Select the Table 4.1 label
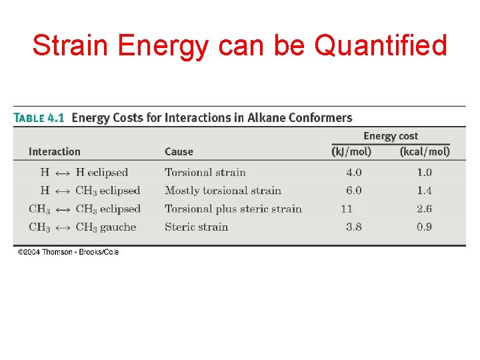click(x=39, y=118)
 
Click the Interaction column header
click(x=55, y=152)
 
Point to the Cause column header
click(x=179, y=152)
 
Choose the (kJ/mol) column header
click(x=351, y=151)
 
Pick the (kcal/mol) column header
click(x=425, y=151)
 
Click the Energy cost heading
click(x=391, y=136)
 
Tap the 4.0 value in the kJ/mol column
click(x=353, y=173)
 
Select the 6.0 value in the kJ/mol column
click(x=353, y=191)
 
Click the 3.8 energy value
click(x=353, y=227)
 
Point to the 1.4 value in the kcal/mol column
click(x=424, y=191)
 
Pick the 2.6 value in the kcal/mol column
click(x=424, y=209)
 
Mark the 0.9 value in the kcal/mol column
click(x=424, y=227)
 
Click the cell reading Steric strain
click(x=197, y=227)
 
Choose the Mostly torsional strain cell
click(x=223, y=191)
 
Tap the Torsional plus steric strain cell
click(x=233, y=209)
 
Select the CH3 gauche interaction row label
click(x=82, y=227)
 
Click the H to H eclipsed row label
click(x=84, y=173)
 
